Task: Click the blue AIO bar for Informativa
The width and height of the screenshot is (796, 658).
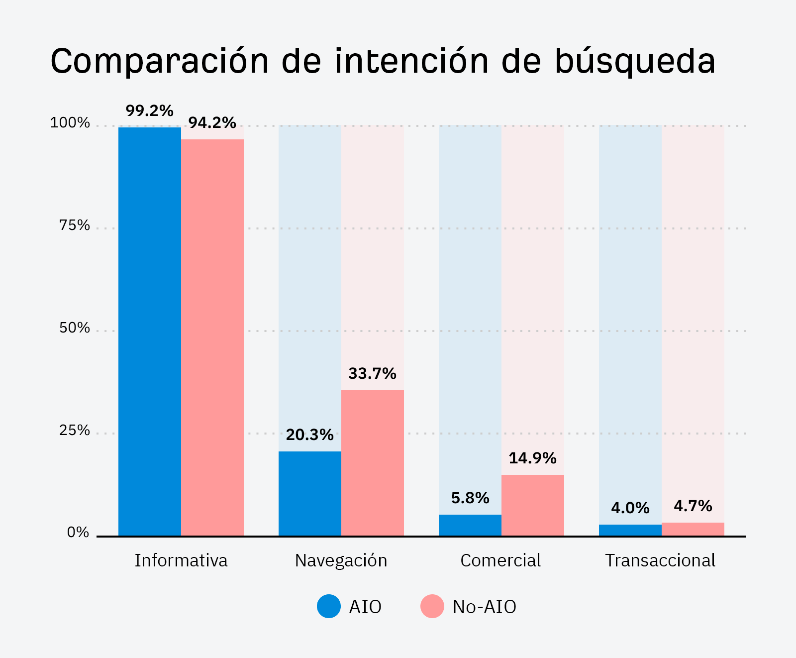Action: pyautogui.click(x=149, y=331)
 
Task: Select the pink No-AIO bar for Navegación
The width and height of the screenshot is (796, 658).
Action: pyautogui.click(x=372, y=463)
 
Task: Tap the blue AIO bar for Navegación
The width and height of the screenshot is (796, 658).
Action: pyautogui.click(x=309, y=493)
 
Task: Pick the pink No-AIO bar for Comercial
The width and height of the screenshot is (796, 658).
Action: pyautogui.click(x=532, y=505)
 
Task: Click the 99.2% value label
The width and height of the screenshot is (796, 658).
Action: pyautogui.click(x=149, y=110)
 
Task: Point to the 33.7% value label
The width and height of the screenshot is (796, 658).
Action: pyautogui.click(x=372, y=373)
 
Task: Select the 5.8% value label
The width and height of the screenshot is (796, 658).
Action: pyautogui.click(x=470, y=498)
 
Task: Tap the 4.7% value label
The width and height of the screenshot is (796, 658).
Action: pyautogui.click(x=693, y=506)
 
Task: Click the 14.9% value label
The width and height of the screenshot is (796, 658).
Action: pyautogui.click(x=532, y=458)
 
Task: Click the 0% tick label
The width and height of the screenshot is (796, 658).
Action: pyautogui.click(x=78, y=533)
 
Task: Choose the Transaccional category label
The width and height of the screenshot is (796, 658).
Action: pyautogui.click(x=660, y=560)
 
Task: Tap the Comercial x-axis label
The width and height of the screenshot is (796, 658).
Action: pyautogui.click(x=500, y=560)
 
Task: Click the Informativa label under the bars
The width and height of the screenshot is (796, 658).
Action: pyautogui.click(x=181, y=560)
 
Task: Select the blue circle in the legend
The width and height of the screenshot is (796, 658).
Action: pyautogui.click(x=329, y=606)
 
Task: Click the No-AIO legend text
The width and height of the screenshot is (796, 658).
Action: pyautogui.click(x=484, y=607)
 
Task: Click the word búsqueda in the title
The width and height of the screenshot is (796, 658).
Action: pyautogui.click(x=635, y=62)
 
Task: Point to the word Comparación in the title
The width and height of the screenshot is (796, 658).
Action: pyautogui.click(x=159, y=62)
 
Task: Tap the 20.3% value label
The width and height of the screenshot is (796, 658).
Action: pyautogui.click(x=309, y=435)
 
